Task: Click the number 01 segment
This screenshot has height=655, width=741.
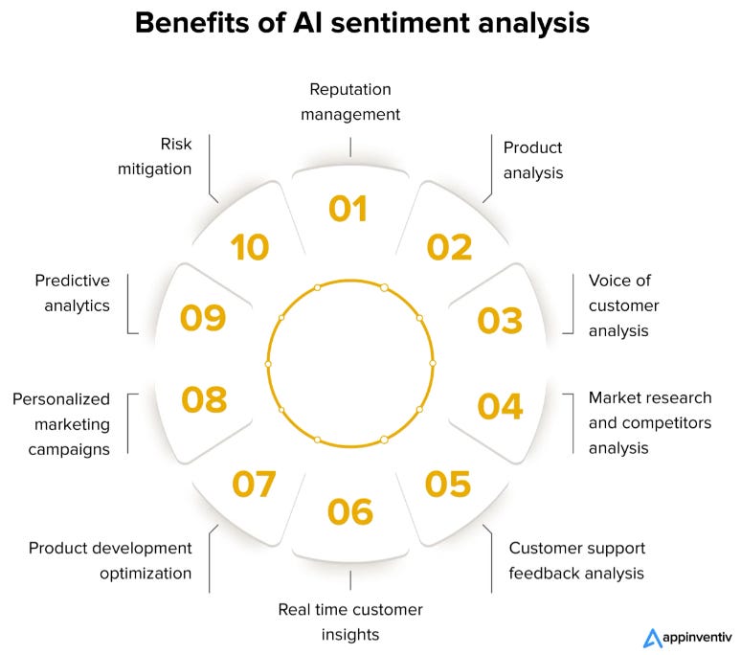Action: [x=349, y=209]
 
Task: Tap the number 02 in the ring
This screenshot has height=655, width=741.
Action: [x=449, y=247]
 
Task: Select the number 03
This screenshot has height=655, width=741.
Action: [x=500, y=321]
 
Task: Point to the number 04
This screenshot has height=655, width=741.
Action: [x=500, y=406]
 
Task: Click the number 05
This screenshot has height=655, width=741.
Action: [x=449, y=484]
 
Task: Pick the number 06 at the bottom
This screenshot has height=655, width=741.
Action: [x=349, y=511]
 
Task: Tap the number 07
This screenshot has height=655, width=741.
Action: [x=254, y=484]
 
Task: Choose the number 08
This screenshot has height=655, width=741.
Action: [x=204, y=399]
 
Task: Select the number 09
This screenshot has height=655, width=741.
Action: [x=203, y=318]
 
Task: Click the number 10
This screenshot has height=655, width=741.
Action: [x=250, y=247]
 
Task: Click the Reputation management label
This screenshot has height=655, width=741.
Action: [x=350, y=102]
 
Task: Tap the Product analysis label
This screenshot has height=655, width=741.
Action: [x=532, y=161]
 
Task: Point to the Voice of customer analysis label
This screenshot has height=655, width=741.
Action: [x=623, y=305]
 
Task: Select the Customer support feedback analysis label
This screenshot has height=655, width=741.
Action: [x=576, y=561]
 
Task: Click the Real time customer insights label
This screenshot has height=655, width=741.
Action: [x=350, y=621]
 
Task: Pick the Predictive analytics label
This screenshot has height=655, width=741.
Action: [x=72, y=293]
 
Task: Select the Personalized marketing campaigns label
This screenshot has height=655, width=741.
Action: [x=61, y=423]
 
